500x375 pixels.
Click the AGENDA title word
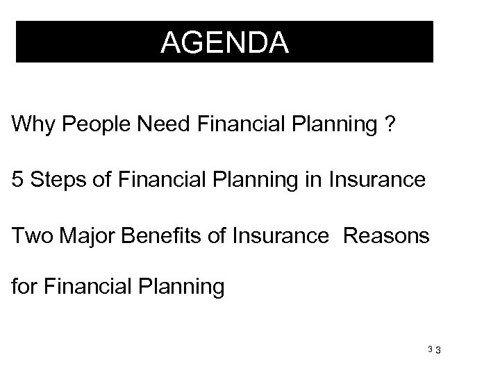tap(224, 43)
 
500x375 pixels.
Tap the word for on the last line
tap(25, 285)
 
